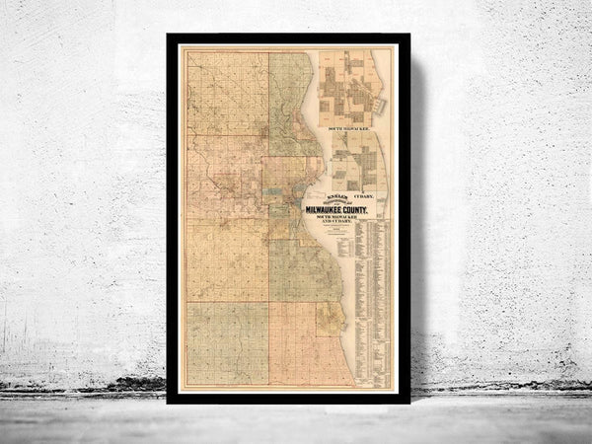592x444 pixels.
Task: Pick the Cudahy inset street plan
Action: [x=357, y=161]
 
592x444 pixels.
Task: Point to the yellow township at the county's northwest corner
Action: [x=227, y=94]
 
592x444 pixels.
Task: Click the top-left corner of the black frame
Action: [x=170, y=37]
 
